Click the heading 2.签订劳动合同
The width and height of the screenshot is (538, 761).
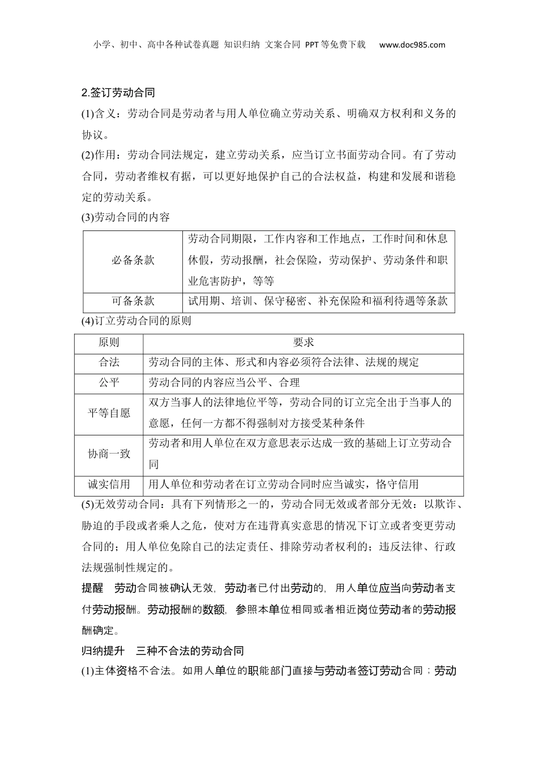[118, 92]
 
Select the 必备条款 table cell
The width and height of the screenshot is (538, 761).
[133, 260]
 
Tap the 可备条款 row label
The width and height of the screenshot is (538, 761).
[133, 301]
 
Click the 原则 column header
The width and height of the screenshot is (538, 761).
[109, 343]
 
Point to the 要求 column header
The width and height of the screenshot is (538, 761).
[303, 343]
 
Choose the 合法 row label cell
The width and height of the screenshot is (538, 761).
[109, 362]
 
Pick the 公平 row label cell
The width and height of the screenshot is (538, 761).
[109, 383]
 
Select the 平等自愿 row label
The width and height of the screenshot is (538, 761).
[109, 413]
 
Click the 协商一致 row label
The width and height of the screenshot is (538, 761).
[109, 454]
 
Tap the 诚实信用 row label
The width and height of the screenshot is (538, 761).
[109, 485]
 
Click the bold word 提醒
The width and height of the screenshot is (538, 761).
[92, 588]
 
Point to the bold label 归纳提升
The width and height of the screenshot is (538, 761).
[103, 651]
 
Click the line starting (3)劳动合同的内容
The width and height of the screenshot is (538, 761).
[126, 217]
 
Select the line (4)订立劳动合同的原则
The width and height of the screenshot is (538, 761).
[136, 321]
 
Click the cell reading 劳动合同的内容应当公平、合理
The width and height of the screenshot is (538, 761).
[224, 383]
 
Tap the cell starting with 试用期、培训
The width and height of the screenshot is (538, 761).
[318, 301]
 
